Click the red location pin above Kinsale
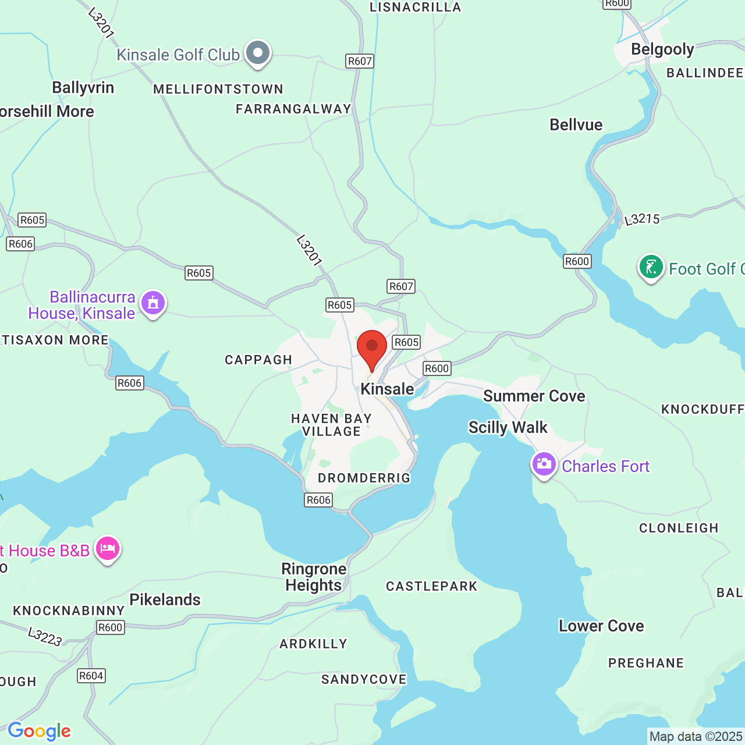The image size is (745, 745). click(x=372, y=347)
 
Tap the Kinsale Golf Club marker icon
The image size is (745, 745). click(x=257, y=54)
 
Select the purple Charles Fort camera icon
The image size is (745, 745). click(x=544, y=464)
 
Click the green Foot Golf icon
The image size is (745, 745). click(x=651, y=267)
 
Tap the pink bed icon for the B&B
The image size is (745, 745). click(x=108, y=548)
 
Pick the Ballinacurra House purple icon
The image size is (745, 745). click(x=153, y=303)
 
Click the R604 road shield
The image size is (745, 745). click(x=91, y=676)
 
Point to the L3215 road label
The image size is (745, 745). click(x=642, y=219)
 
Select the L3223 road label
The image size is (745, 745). click(x=45, y=636)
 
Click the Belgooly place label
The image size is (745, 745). click(x=662, y=49)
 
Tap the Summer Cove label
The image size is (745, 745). click(x=534, y=396)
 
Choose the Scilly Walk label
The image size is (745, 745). click(x=508, y=427)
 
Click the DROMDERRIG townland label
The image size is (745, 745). click(x=364, y=478)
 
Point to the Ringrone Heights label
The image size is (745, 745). click(x=314, y=577)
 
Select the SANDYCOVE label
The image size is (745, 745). click(x=364, y=679)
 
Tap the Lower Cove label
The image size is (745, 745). click(x=601, y=626)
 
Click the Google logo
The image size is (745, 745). click(x=39, y=731)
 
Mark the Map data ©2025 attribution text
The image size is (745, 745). click(x=696, y=737)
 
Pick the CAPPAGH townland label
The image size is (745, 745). click(x=258, y=360)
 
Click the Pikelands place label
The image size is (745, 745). click(x=165, y=599)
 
